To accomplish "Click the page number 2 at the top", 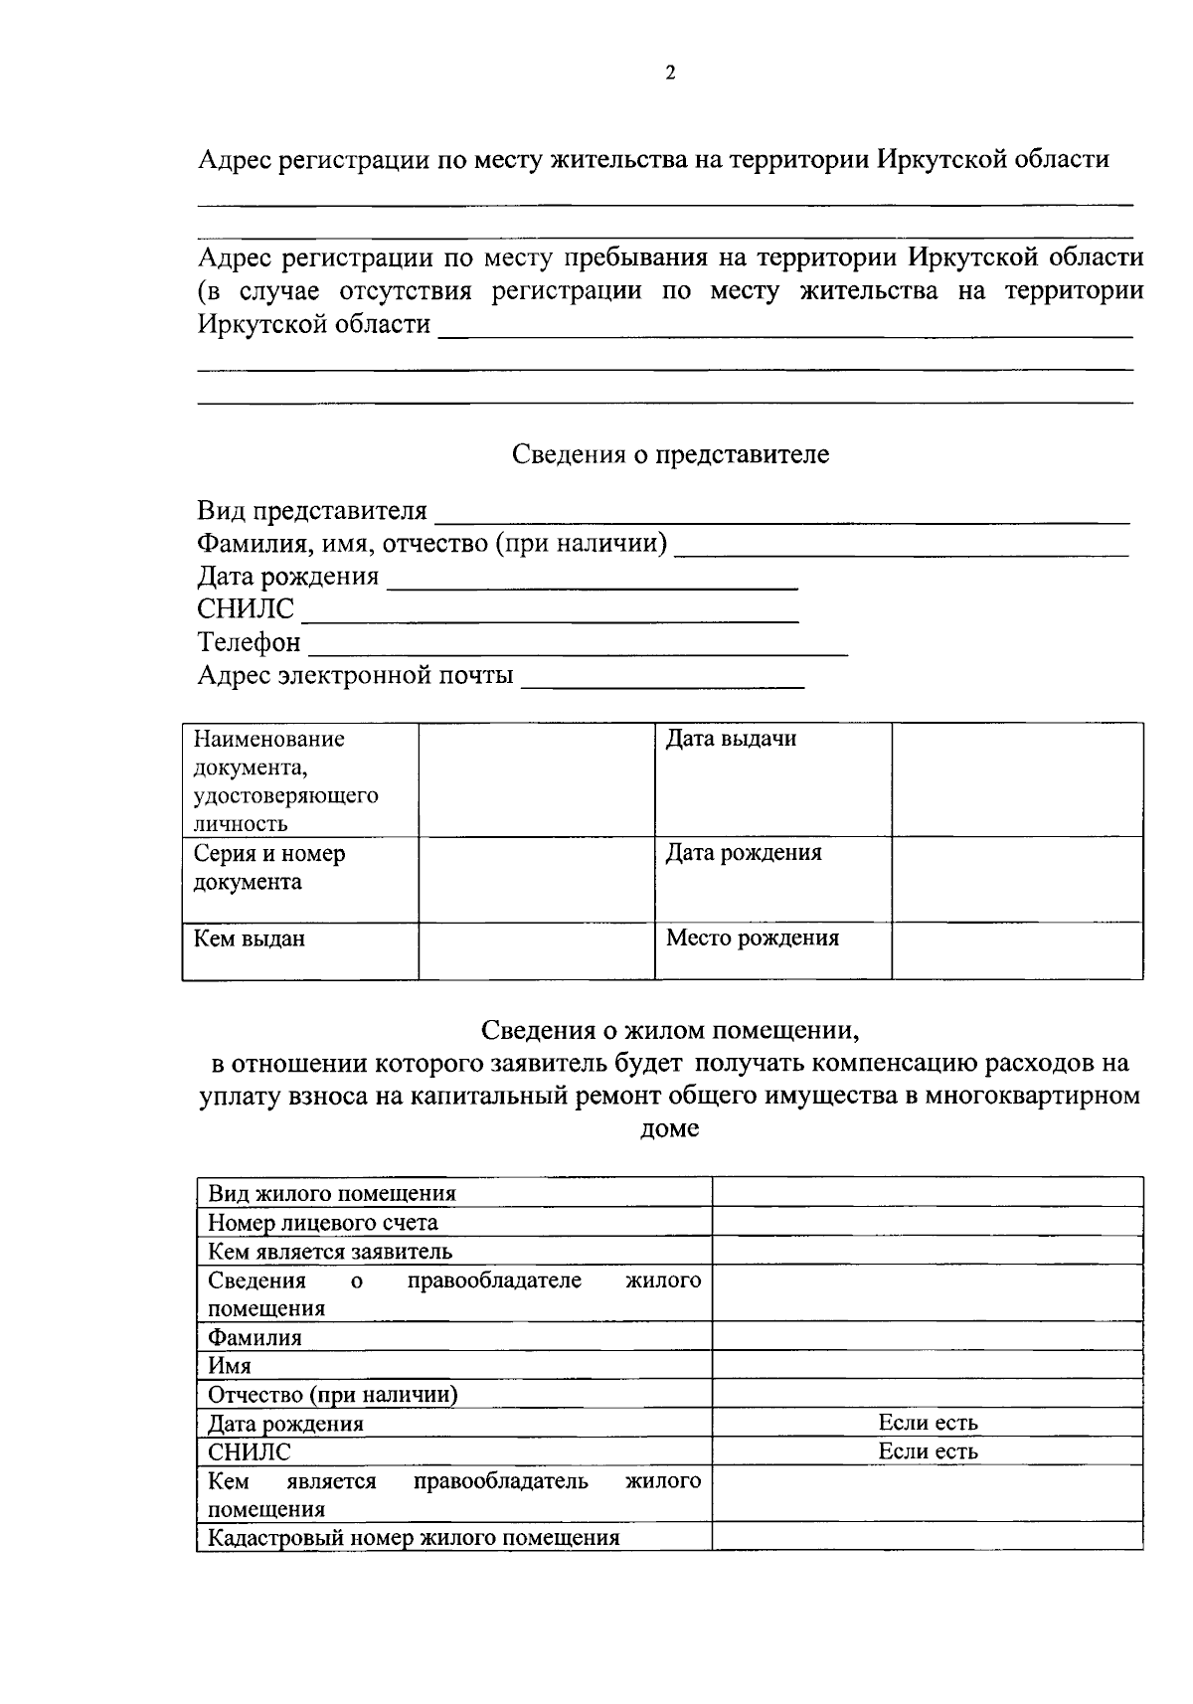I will click(x=670, y=73).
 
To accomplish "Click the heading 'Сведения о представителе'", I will click(x=670, y=455).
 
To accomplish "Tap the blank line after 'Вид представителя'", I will click(x=782, y=515).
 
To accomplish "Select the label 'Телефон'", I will click(x=249, y=642).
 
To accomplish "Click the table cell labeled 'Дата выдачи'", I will click(x=731, y=740).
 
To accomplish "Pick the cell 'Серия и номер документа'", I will click(x=269, y=868).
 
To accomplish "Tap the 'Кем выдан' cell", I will click(x=250, y=938).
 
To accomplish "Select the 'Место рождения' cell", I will click(x=753, y=938).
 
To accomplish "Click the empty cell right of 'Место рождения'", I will click(x=1016, y=950).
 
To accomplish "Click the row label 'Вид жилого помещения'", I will click(x=332, y=1194).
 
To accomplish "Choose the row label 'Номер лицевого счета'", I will click(x=323, y=1223).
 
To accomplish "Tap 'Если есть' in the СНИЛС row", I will click(x=928, y=1451).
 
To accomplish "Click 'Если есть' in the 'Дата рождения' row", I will click(x=928, y=1423).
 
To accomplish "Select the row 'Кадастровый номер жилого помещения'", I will click(x=414, y=1538).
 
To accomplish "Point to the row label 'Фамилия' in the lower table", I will click(x=255, y=1337).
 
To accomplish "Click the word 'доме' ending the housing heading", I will click(x=670, y=1129).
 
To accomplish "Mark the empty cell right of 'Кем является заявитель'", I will click(x=928, y=1251).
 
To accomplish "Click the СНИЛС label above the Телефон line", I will click(x=246, y=609).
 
